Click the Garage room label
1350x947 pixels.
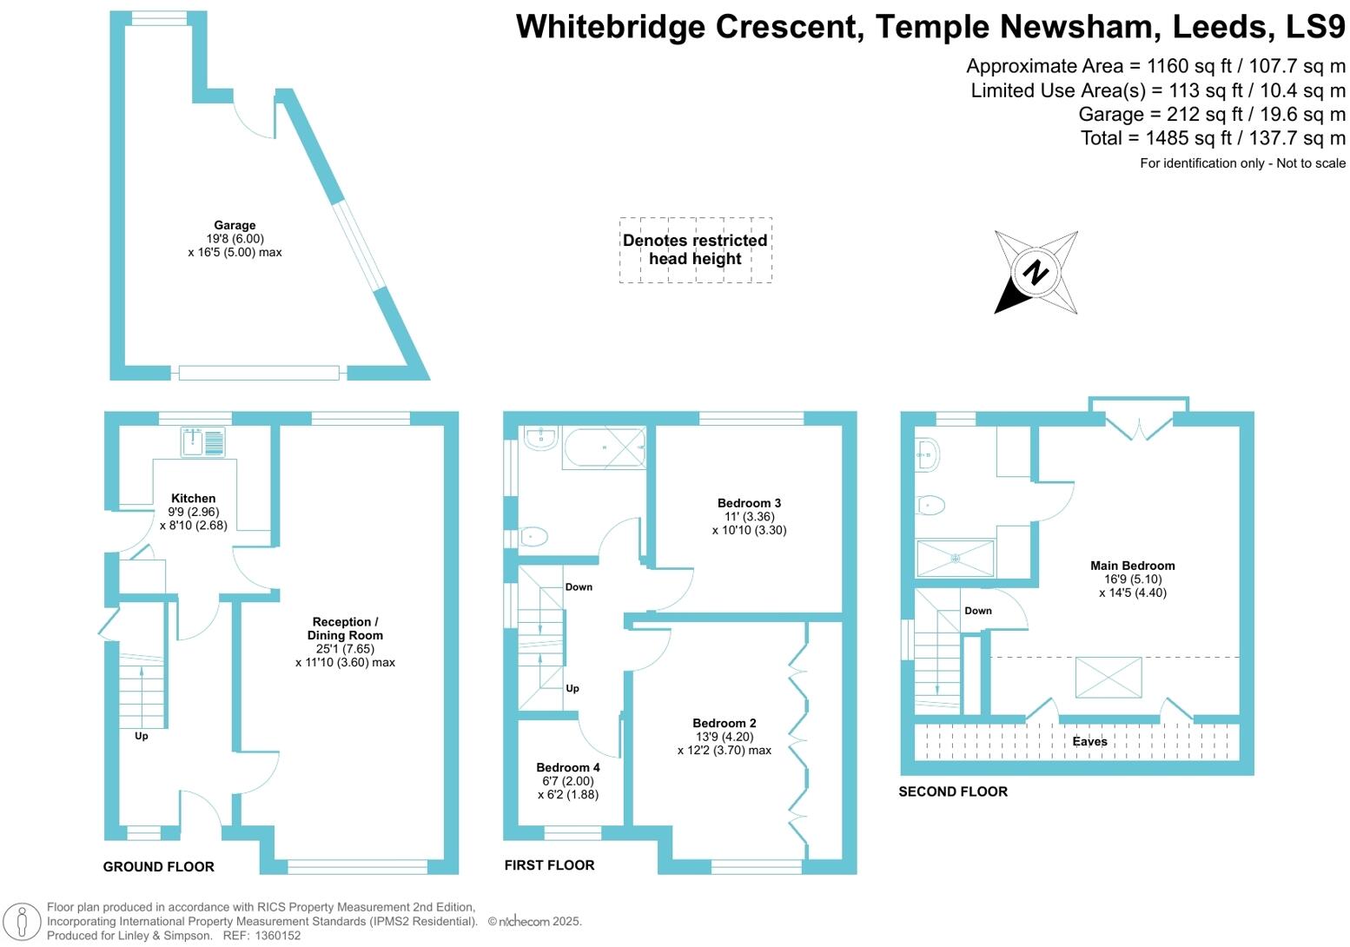tap(235, 225)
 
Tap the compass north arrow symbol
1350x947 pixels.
tap(1036, 272)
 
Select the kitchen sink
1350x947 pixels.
tap(202, 441)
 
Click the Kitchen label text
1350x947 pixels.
tap(193, 499)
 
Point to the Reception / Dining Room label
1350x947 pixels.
tap(345, 628)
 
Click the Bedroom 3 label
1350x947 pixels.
tap(748, 503)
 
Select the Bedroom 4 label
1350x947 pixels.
tap(567, 767)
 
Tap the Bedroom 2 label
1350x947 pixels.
tap(724, 723)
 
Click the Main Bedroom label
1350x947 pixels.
tap(1132, 566)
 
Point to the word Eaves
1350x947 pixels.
tap(1089, 741)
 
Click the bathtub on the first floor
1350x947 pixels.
tap(604, 447)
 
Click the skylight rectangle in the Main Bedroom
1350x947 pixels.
tap(1108, 677)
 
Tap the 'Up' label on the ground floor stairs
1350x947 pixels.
tap(141, 736)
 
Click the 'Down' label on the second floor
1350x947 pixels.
tap(977, 611)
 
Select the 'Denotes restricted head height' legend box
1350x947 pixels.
tap(695, 249)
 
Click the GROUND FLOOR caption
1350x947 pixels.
tap(158, 866)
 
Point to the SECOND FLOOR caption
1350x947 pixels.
tap(952, 791)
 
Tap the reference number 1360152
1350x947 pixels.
tap(274, 936)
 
